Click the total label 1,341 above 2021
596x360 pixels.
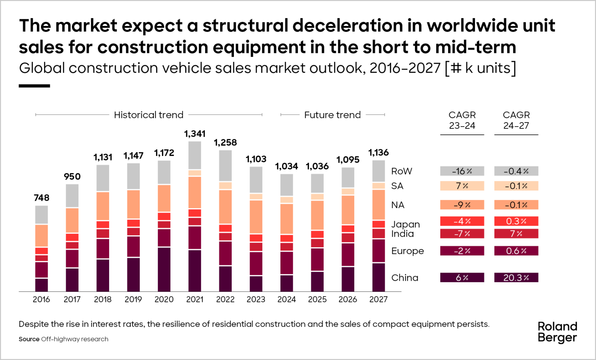pos(194,134)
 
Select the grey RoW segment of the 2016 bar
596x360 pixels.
pos(41,214)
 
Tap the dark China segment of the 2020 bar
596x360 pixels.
pos(164,269)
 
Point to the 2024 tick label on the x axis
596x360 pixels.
pos(286,299)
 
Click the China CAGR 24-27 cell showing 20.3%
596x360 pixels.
pos(516,277)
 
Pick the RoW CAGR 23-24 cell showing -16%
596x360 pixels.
pos(462,171)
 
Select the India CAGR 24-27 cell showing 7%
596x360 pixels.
pos(516,233)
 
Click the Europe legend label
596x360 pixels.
pos(407,251)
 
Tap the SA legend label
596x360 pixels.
pos(397,186)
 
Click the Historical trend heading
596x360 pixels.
pos(149,115)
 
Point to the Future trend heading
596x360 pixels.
pos(332,115)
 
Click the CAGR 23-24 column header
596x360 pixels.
pos(462,120)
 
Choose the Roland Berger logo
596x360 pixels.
pos(557,332)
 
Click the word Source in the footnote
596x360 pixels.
pos(29,339)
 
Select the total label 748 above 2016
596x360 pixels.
pos(41,198)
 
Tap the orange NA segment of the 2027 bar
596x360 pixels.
pos(378,204)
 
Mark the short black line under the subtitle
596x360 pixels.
pos(34,86)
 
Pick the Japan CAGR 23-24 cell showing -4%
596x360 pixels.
pos(462,221)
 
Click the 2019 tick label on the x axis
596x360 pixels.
pos(133,299)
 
